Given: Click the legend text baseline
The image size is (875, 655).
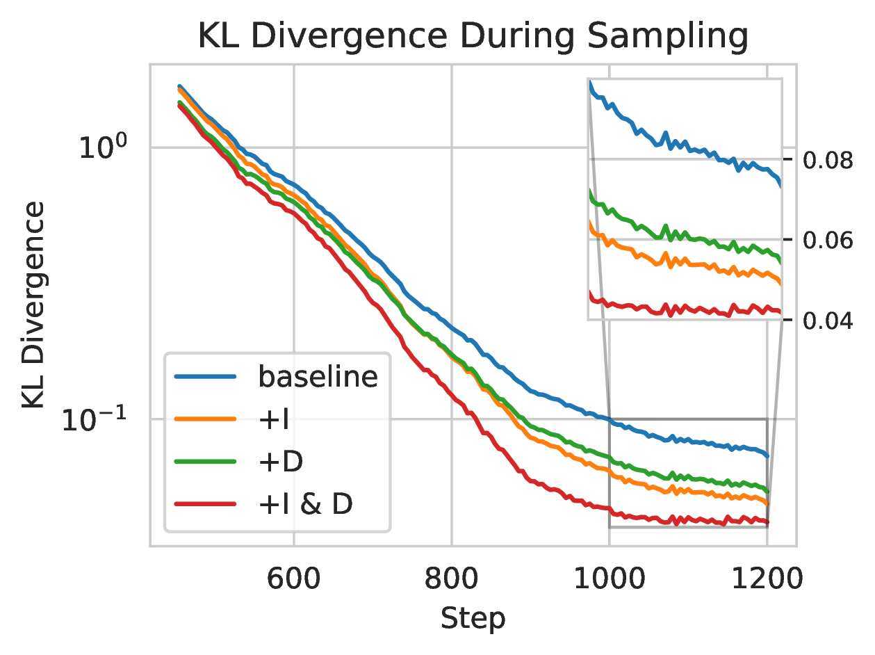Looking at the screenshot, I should tap(318, 377).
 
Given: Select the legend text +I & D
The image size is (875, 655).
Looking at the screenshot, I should tap(306, 503).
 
